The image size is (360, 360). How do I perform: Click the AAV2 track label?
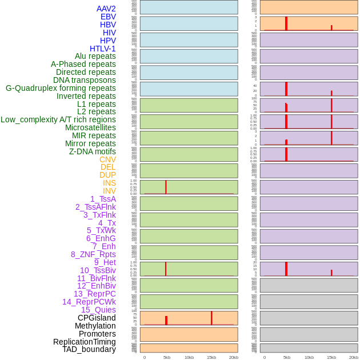tap(106, 9)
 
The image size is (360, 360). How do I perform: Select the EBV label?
tap(108, 17)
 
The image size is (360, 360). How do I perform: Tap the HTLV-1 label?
tap(102, 49)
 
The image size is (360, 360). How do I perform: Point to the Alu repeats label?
tap(95, 56)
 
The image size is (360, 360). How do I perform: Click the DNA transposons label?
tap(85, 80)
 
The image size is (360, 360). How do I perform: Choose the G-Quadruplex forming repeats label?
tap(61, 88)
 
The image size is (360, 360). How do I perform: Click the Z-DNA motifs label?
tap(92, 151)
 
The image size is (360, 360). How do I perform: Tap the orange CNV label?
tap(107, 159)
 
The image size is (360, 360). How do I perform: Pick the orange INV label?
tap(109, 191)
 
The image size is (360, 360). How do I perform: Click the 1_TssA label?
tap(103, 199)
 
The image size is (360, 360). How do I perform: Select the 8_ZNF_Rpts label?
tap(93, 254)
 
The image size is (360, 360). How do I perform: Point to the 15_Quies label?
tap(98, 310)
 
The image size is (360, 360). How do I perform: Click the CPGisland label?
tap(97, 318)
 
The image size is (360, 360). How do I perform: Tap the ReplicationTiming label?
tap(84, 342)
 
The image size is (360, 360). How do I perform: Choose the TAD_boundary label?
tap(89, 349)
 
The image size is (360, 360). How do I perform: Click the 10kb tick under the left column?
tap(189, 357)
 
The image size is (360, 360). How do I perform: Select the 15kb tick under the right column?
tap(331, 357)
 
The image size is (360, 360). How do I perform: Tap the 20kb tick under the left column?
tap(233, 357)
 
